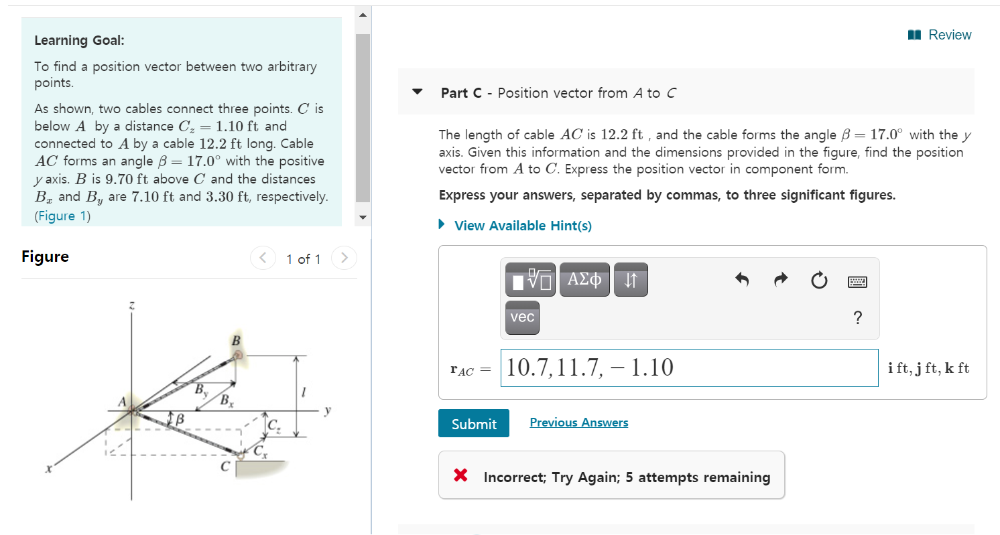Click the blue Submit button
tap(474, 423)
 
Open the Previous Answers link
tap(578, 423)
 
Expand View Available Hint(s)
tap(522, 226)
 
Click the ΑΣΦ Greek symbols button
tap(584, 280)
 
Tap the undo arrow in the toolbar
tap(742, 280)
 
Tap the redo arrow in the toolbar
tap(780, 280)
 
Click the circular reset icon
tap(819, 281)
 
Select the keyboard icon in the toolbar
tap(857, 282)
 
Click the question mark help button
tap(857, 317)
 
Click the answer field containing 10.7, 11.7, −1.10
tap(689, 368)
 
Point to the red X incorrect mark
tap(460, 476)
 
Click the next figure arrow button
tap(344, 258)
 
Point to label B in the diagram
tap(235, 341)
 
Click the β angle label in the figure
tap(180, 419)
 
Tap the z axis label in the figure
tap(131, 306)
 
